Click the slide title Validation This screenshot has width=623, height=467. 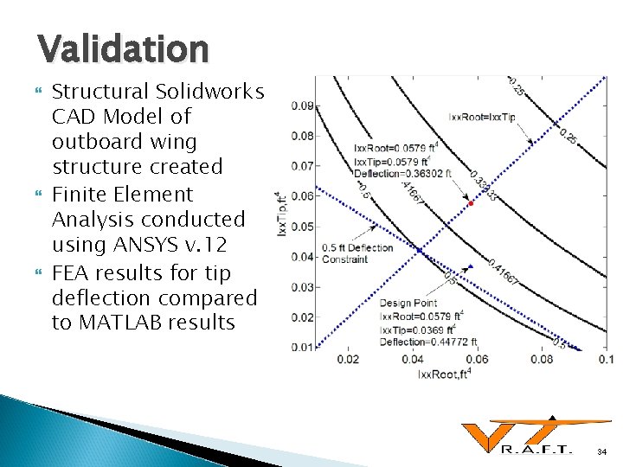pyautogui.click(x=123, y=48)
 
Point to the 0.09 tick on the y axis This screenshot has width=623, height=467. pyautogui.click(x=302, y=106)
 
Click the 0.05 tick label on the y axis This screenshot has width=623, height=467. pyautogui.click(x=302, y=227)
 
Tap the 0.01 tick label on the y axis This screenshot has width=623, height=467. pyautogui.click(x=302, y=347)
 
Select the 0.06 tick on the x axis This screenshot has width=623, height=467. pyautogui.click(x=477, y=359)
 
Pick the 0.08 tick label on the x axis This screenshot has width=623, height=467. pyautogui.click(x=541, y=359)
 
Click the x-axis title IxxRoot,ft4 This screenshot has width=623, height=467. pyautogui.click(x=445, y=374)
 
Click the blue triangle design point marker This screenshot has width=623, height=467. pyautogui.click(x=470, y=265)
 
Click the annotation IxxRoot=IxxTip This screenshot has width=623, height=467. pyautogui.click(x=482, y=116)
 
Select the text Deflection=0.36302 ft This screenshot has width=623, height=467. pyautogui.click(x=393, y=175)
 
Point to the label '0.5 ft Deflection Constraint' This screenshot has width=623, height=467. pyautogui.click(x=356, y=253)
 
